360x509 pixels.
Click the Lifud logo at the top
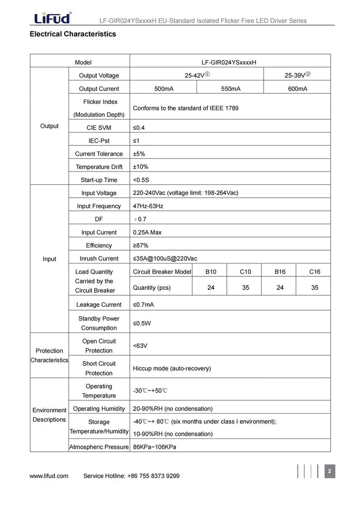point(52,18)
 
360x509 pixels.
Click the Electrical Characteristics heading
point(73,34)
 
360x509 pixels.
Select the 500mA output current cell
point(164,88)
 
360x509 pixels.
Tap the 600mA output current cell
point(297,88)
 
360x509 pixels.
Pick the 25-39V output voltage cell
point(297,76)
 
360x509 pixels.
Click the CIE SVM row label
point(98,128)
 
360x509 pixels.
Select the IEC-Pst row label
point(98,141)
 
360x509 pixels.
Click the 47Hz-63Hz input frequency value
point(148,206)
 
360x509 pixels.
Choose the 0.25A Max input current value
point(147,232)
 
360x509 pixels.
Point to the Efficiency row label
point(98,245)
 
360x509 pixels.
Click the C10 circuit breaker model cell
point(245,272)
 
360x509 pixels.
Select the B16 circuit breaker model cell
point(280,272)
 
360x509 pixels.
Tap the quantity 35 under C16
point(314,288)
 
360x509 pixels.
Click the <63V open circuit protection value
point(140,345)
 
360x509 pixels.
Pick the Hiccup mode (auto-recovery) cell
point(172,368)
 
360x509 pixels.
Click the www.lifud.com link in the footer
point(49,476)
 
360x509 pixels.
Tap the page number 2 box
point(329,471)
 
